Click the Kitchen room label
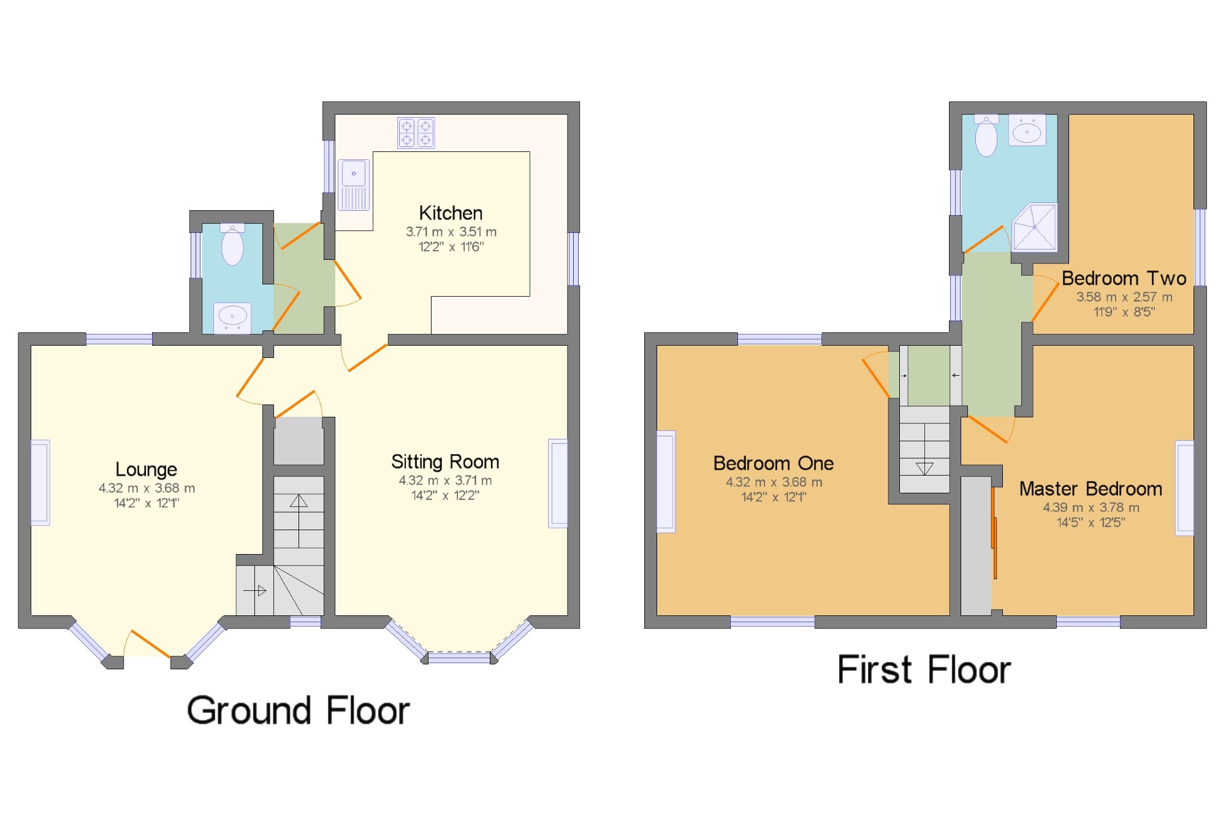click(x=451, y=213)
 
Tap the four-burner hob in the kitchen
click(x=416, y=133)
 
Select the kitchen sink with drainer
click(x=354, y=185)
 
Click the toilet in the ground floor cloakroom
click(x=232, y=245)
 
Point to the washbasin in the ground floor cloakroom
click(x=232, y=317)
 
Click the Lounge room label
click(x=147, y=469)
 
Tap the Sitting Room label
click(x=445, y=462)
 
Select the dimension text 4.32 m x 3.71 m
click(x=445, y=481)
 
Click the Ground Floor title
click(x=299, y=711)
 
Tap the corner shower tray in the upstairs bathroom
click(x=1035, y=227)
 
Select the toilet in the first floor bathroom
click(x=986, y=135)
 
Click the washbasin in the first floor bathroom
click(x=1027, y=130)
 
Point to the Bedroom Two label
click(x=1124, y=278)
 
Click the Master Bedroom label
click(x=1091, y=488)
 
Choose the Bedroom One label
click(x=774, y=463)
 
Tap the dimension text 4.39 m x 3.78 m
click(x=1091, y=507)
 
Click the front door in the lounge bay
click(x=150, y=644)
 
